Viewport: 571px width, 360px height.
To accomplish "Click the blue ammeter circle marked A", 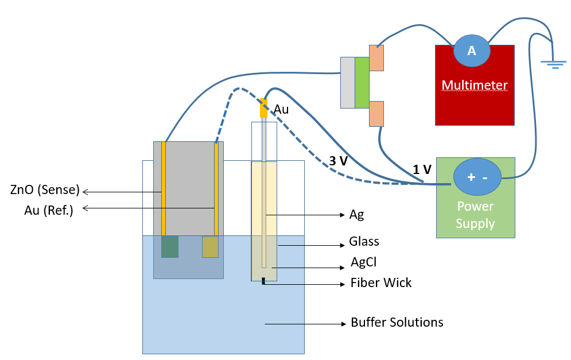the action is click(472, 51).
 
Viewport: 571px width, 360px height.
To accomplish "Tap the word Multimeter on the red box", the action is click(475, 85).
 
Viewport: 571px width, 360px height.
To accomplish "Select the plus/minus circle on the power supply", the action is click(477, 177).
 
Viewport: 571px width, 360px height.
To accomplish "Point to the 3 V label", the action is click(339, 161).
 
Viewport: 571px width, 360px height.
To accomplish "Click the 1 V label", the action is click(422, 169).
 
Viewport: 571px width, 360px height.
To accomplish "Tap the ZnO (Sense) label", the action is click(45, 189).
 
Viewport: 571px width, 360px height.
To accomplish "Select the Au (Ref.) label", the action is click(49, 210).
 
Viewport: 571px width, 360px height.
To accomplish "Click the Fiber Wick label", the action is click(381, 282).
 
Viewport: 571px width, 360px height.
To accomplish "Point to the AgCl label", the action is click(363, 262).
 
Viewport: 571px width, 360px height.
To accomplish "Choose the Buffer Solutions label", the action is click(397, 323).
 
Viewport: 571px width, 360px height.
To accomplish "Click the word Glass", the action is click(364, 241).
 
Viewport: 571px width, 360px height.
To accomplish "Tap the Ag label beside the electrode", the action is click(356, 215).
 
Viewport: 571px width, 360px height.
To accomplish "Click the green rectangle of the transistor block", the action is click(362, 83).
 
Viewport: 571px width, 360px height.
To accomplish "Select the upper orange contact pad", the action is click(376, 58).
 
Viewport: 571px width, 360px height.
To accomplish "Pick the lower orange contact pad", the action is click(376, 114).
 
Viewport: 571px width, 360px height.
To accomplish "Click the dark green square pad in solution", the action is click(170, 247).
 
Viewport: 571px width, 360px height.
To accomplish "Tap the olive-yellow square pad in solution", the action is click(211, 247).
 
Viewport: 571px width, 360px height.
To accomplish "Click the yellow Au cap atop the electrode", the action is click(263, 108).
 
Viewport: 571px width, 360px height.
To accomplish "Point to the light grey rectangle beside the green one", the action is click(348, 83).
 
